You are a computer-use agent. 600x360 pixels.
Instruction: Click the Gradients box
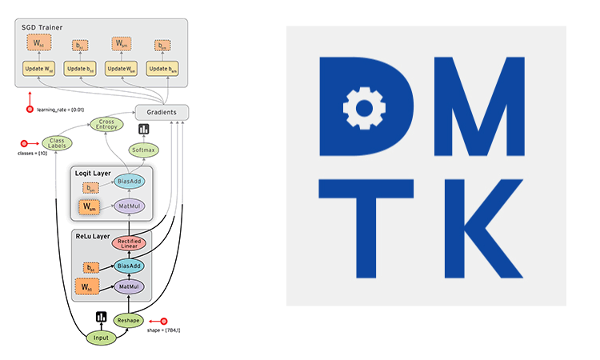(x=162, y=112)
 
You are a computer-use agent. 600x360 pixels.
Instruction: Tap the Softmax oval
(x=143, y=150)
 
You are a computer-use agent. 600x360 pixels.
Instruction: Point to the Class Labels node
(x=56, y=142)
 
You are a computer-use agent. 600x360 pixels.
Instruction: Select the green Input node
(x=101, y=338)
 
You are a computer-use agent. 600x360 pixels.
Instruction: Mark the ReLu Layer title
(x=92, y=236)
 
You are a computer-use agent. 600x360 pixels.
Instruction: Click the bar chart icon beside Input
(x=102, y=318)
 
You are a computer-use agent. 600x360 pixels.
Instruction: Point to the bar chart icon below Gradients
(x=144, y=129)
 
